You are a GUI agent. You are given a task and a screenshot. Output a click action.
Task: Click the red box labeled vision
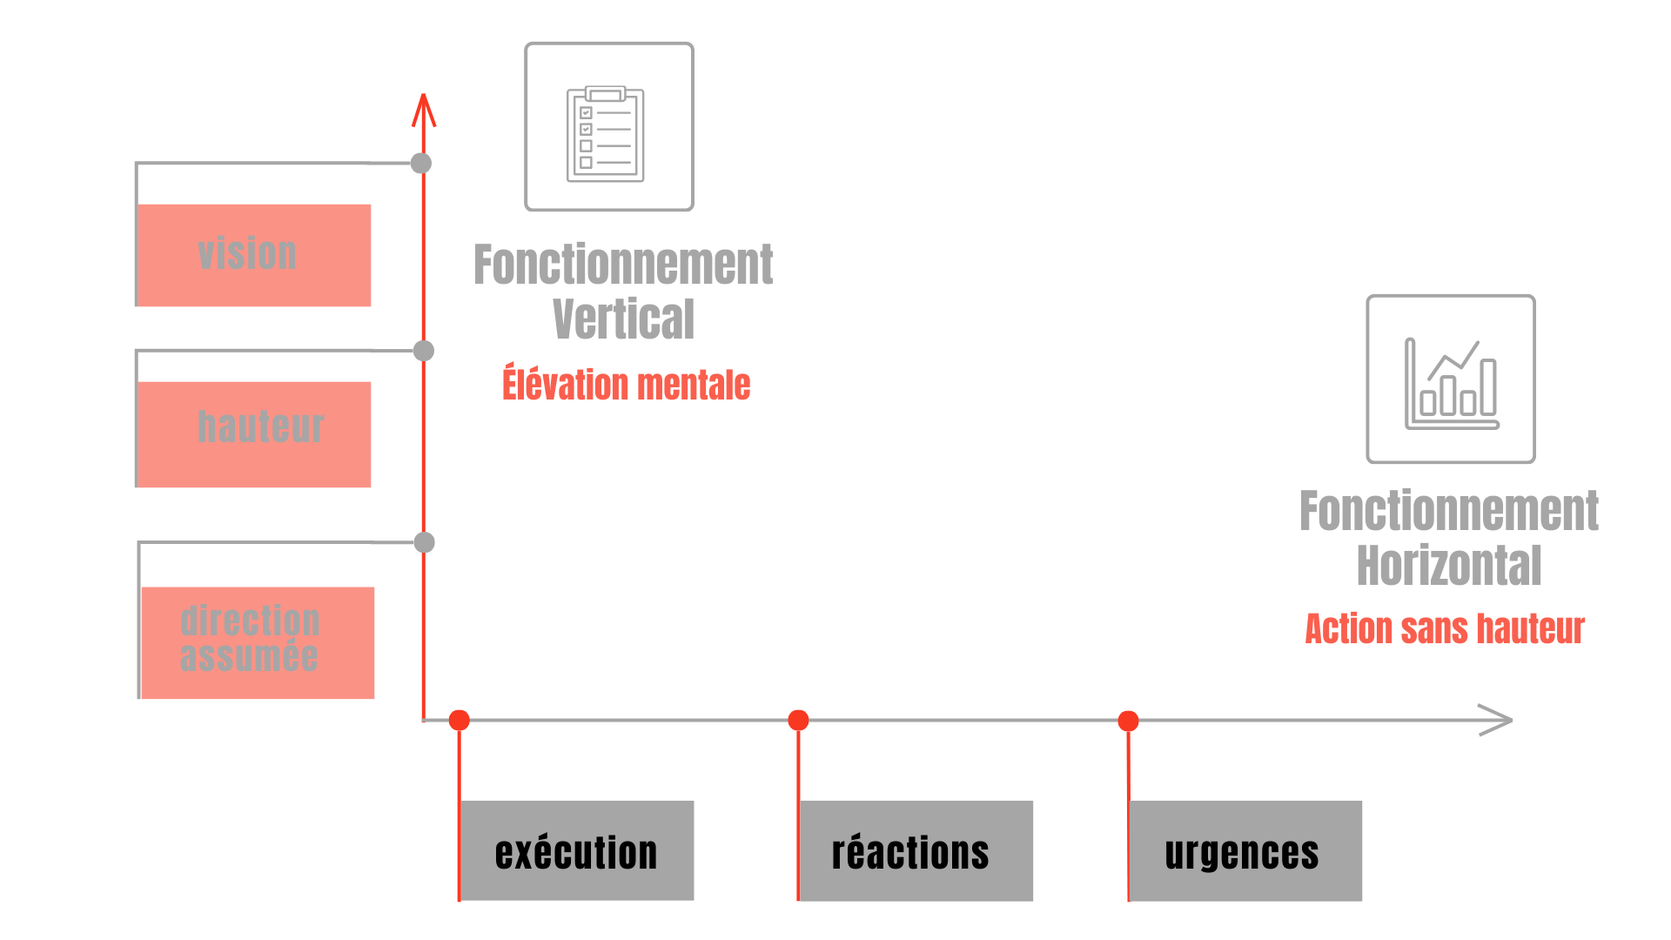(x=254, y=255)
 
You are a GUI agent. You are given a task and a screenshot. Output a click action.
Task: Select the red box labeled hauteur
(x=254, y=433)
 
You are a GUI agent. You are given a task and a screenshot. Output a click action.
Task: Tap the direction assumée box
(x=257, y=642)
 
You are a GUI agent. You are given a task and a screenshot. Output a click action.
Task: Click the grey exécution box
(x=577, y=850)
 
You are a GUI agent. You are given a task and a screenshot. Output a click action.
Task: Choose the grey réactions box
(x=916, y=850)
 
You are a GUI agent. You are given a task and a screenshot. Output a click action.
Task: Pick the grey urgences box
(x=1245, y=850)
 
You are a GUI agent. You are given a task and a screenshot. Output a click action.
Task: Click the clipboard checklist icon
(x=608, y=127)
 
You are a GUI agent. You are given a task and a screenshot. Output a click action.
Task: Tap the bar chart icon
(x=1451, y=379)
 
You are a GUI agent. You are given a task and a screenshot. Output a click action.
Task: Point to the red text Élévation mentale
(x=626, y=384)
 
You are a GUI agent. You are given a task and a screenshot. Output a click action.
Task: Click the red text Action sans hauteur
(x=1445, y=628)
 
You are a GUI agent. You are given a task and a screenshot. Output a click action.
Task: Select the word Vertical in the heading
(x=623, y=319)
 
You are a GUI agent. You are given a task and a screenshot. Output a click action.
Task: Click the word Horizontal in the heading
(x=1449, y=566)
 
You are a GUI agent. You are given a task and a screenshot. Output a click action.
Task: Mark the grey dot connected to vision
(x=421, y=163)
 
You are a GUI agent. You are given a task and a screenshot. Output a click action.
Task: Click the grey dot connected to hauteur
(x=423, y=351)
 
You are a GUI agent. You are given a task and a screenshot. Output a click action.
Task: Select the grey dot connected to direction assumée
(x=424, y=543)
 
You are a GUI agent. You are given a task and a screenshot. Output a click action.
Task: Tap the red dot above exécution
(x=460, y=720)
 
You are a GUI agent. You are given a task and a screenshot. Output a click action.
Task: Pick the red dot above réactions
(x=798, y=720)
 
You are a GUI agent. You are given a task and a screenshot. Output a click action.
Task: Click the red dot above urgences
(x=1128, y=721)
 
